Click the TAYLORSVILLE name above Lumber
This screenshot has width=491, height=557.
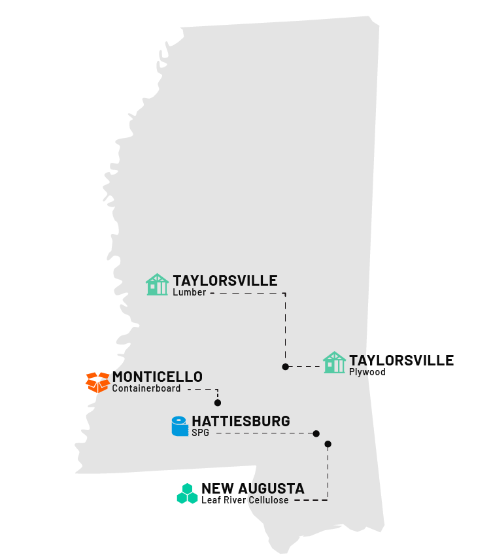225,281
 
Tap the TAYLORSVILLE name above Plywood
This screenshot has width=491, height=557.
401,360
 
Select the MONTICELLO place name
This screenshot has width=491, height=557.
157,377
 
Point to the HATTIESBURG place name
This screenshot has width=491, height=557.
241,422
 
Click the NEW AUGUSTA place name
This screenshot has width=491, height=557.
252,488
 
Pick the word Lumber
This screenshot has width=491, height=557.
190,293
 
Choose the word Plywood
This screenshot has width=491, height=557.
367,373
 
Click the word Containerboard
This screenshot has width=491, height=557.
146,389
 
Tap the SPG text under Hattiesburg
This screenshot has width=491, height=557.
200,433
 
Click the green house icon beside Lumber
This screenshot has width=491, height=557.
157,284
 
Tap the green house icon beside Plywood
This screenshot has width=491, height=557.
334,363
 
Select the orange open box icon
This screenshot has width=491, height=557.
97,382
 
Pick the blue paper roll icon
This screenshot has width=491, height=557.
178,426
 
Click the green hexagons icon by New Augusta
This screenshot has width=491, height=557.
187,494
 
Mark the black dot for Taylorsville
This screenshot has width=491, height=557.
285,367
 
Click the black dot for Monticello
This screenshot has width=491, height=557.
218,403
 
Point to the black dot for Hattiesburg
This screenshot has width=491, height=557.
316,433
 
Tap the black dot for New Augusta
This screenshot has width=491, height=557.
328,444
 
